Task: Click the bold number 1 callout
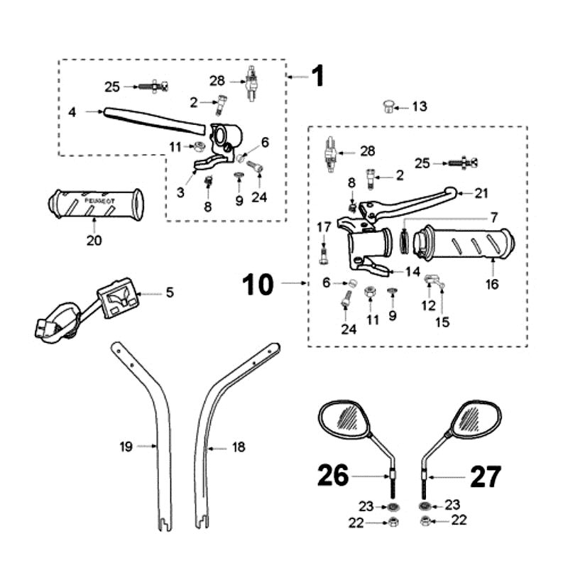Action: [x=317, y=75]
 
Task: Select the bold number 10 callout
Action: [x=257, y=284]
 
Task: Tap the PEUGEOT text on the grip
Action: [x=99, y=202]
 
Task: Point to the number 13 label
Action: [x=420, y=106]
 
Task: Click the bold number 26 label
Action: [x=332, y=476]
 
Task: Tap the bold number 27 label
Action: [x=485, y=476]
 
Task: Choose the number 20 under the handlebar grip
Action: [x=94, y=241]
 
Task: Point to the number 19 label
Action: [x=126, y=447]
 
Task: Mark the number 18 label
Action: [x=239, y=447]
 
